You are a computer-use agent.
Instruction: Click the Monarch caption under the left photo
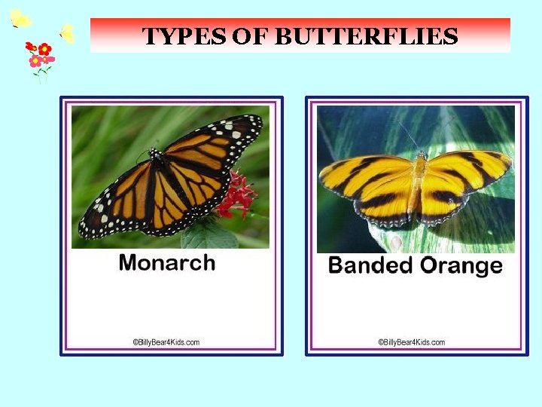click(x=166, y=263)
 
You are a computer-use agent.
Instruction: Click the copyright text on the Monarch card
click(x=166, y=342)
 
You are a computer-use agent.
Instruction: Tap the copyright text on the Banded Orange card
click(x=412, y=342)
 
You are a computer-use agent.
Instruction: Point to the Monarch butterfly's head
click(x=156, y=154)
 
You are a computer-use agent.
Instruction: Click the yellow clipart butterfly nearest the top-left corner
click(x=20, y=19)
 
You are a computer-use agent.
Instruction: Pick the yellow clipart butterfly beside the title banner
click(x=67, y=34)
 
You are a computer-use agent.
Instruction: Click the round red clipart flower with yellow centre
click(x=44, y=49)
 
